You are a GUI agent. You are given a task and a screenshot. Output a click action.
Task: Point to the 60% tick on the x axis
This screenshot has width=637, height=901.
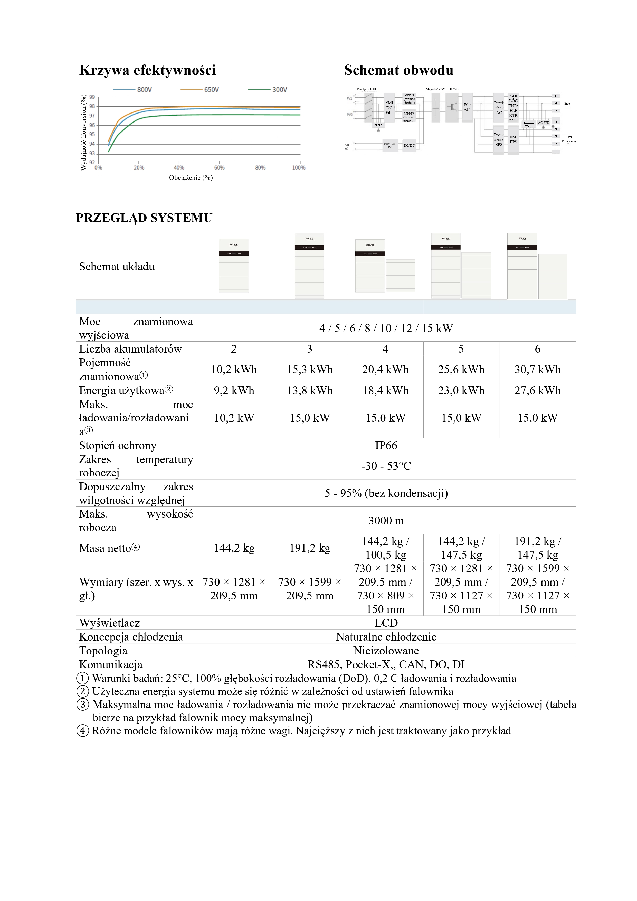pyautogui.click(x=219, y=167)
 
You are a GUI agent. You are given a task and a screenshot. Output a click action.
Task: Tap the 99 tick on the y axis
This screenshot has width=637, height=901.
pyautogui.click(x=92, y=97)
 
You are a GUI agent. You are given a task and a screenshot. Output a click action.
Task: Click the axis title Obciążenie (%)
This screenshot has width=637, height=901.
pyautogui.click(x=191, y=178)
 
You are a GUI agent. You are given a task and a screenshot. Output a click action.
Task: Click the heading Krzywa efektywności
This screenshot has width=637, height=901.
pyautogui.click(x=147, y=70)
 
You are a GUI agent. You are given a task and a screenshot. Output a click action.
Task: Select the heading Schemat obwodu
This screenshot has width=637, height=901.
pyautogui.click(x=398, y=70)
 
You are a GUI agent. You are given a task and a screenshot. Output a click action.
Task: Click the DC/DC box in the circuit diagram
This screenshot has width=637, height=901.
pyautogui.click(x=409, y=146)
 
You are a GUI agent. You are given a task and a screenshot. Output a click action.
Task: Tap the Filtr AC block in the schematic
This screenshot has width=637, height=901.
pyautogui.click(x=467, y=107)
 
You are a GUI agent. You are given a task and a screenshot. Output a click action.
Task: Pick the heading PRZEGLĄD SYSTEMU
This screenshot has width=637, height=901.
pyautogui.click(x=144, y=218)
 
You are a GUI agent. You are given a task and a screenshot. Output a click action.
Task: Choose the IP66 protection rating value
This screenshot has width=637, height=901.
pyautogui.click(x=386, y=445)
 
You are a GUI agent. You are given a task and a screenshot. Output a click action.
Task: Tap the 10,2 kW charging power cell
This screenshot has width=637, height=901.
pyautogui.click(x=234, y=418)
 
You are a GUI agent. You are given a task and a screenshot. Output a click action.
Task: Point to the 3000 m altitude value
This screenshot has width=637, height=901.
pyautogui.click(x=386, y=521)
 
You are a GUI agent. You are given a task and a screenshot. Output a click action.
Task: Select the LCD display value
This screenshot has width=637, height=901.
pyautogui.click(x=386, y=623)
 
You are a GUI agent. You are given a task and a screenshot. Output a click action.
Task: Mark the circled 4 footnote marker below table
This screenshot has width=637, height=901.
pyautogui.click(x=82, y=731)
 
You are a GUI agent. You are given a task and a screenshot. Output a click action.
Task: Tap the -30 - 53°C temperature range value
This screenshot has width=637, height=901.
pyautogui.click(x=386, y=466)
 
